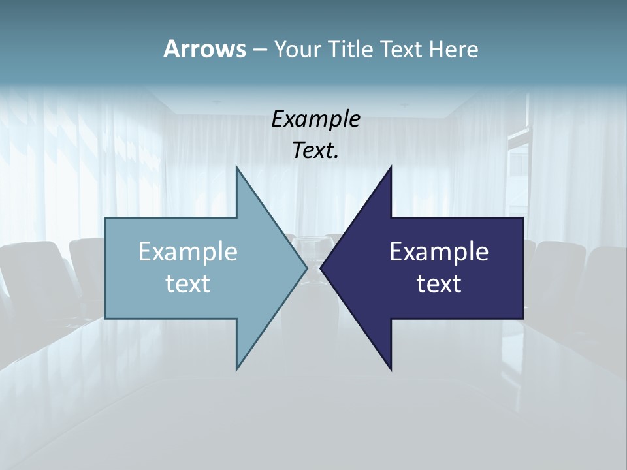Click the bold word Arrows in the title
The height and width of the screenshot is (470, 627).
(x=204, y=49)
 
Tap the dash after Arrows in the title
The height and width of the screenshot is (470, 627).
(x=259, y=50)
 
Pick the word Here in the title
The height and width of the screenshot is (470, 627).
(x=454, y=49)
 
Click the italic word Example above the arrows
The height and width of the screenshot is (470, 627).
(x=315, y=119)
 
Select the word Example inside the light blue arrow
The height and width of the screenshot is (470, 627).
(x=188, y=252)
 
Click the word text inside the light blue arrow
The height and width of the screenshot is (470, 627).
(x=188, y=284)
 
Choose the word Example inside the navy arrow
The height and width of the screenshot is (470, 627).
(x=439, y=252)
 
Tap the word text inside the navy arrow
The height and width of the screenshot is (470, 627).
(x=439, y=284)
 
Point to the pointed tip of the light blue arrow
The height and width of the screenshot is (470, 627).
(x=306, y=268)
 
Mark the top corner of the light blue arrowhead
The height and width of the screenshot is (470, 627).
(x=236, y=168)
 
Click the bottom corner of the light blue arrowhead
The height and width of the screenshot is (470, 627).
(x=236, y=369)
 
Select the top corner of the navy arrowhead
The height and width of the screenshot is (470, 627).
(x=391, y=168)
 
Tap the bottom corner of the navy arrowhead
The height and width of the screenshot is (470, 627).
(x=391, y=369)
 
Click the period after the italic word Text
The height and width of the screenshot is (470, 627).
(x=336, y=157)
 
